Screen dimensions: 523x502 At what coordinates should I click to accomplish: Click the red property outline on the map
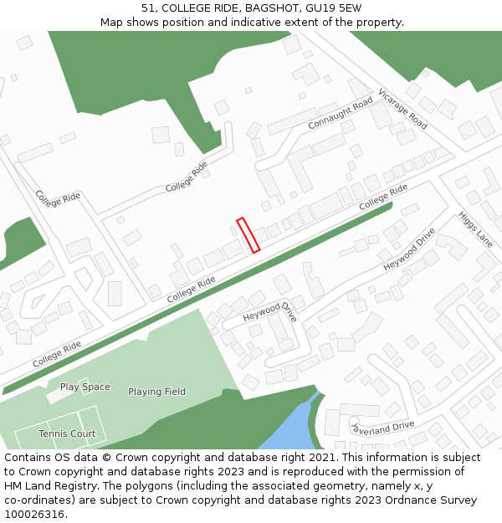coord(248,235)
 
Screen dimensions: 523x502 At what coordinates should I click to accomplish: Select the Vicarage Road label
coord(402,109)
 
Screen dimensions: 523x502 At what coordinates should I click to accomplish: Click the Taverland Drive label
coord(382,427)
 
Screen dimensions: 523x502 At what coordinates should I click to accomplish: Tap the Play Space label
coord(85,387)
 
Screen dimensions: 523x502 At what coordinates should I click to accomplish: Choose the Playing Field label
coord(156,392)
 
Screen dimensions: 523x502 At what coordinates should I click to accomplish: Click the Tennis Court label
coord(67,433)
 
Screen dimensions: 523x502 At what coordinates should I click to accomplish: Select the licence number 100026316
coord(34,515)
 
